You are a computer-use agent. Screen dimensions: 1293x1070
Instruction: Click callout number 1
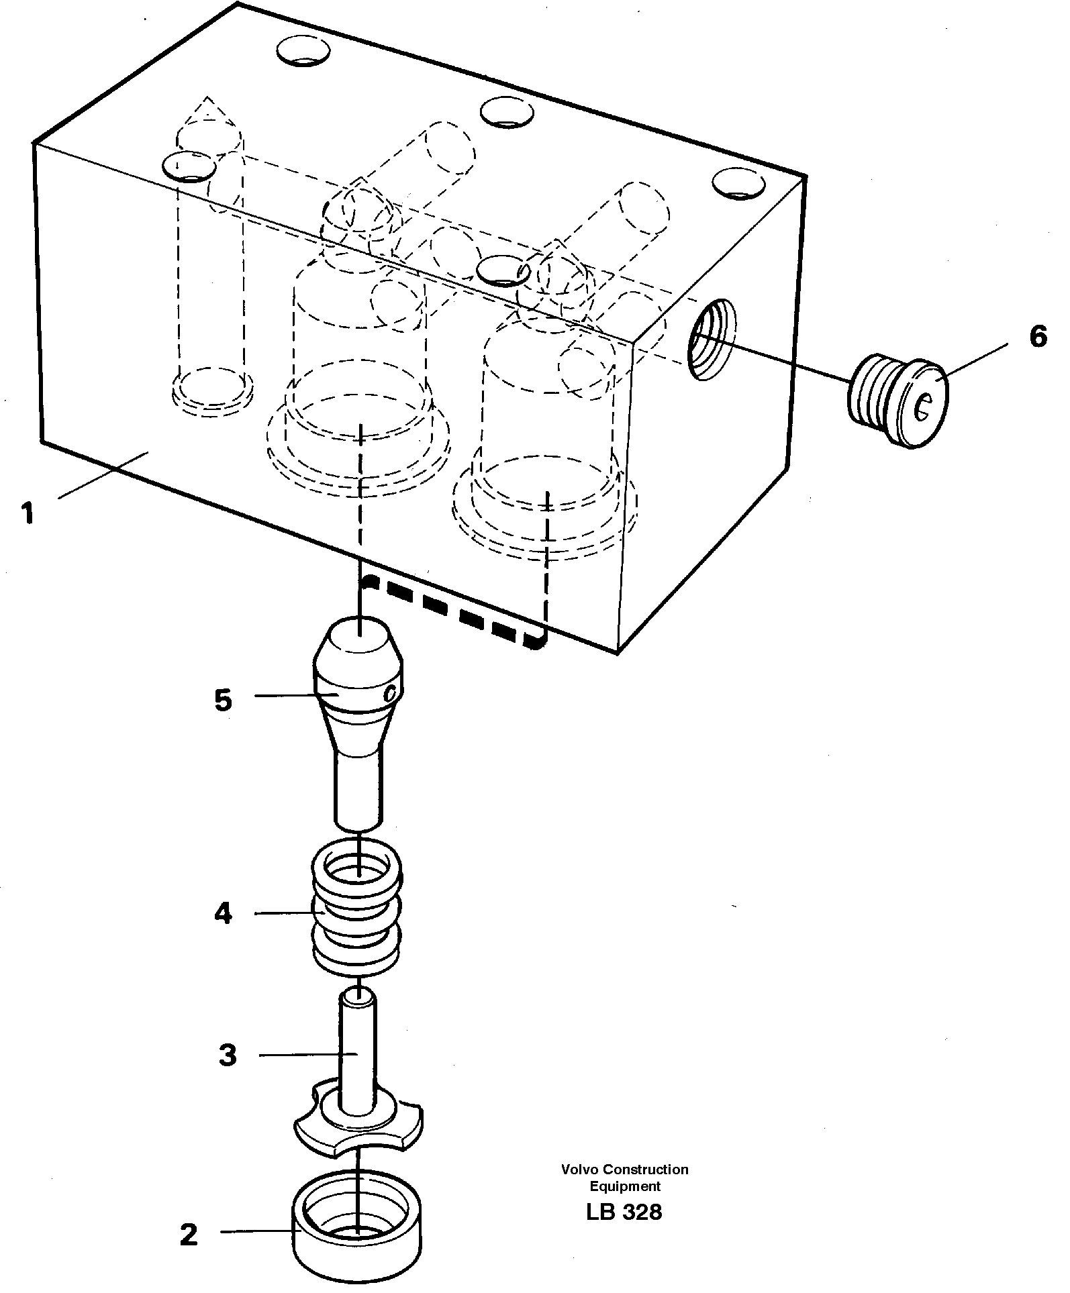[x=27, y=515]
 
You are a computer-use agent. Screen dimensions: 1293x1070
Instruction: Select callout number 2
[x=189, y=1234]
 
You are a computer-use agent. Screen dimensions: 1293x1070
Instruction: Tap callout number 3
[x=228, y=1055]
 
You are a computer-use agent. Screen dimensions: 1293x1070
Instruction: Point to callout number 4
[x=224, y=914]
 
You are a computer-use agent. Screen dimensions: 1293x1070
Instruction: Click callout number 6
[x=1038, y=336]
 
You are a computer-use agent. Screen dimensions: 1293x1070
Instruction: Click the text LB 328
[x=624, y=1212]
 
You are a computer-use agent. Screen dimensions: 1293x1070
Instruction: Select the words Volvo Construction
[x=625, y=1170]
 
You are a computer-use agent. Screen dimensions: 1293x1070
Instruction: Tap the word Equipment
[x=625, y=1186]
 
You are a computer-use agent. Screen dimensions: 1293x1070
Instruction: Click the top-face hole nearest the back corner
[x=304, y=51]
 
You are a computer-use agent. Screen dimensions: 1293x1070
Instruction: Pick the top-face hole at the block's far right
[x=738, y=183]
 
